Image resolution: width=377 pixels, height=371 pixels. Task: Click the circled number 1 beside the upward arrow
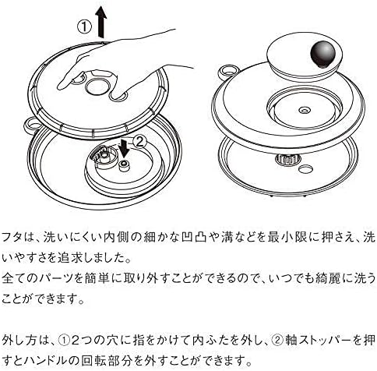(85, 27)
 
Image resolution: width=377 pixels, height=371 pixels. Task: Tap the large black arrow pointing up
(101, 22)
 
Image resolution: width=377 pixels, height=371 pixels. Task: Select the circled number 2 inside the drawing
(140, 142)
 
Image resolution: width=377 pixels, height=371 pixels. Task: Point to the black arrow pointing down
(124, 148)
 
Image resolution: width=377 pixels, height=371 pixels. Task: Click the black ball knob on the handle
(323, 54)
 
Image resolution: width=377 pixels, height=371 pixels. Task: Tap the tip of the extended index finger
(59, 87)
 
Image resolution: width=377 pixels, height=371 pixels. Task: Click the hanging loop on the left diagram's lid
(32, 125)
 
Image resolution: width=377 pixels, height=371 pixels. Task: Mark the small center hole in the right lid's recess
(305, 111)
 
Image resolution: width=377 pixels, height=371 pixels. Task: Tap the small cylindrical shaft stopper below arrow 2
(123, 165)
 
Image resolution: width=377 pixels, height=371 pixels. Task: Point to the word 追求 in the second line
(70, 258)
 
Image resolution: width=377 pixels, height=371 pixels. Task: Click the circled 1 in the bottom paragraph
(64, 340)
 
